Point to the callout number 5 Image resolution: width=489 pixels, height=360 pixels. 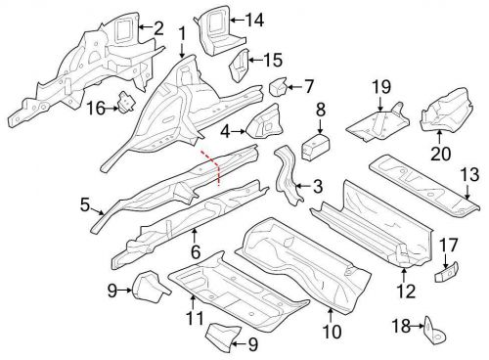point(84,204)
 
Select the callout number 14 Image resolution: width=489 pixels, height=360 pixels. point(254,19)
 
